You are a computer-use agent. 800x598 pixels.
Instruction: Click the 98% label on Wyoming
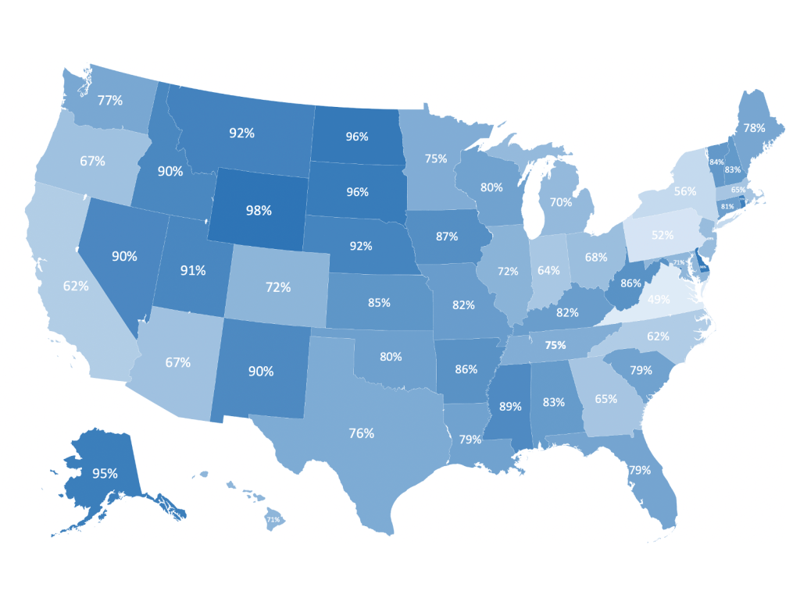click(x=259, y=211)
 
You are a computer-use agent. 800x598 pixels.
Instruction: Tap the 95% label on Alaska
click(x=105, y=473)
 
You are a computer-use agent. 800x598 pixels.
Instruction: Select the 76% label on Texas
click(x=362, y=432)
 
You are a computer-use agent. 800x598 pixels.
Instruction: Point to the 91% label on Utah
click(x=192, y=270)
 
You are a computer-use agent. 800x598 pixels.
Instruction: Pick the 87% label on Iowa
click(x=448, y=236)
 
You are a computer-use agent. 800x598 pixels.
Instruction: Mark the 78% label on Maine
click(x=754, y=127)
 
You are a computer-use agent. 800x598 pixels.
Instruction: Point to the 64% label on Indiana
click(x=548, y=272)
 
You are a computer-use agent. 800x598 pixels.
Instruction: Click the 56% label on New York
click(x=684, y=192)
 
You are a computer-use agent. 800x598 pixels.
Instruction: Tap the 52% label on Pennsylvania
click(x=662, y=234)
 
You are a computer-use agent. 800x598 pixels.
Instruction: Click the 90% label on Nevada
click(x=124, y=255)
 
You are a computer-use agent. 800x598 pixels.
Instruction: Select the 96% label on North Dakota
click(x=357, y=137)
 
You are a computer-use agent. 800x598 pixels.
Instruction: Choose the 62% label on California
click(x=76, y=286)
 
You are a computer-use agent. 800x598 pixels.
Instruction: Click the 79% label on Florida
click(x=640, y=470)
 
